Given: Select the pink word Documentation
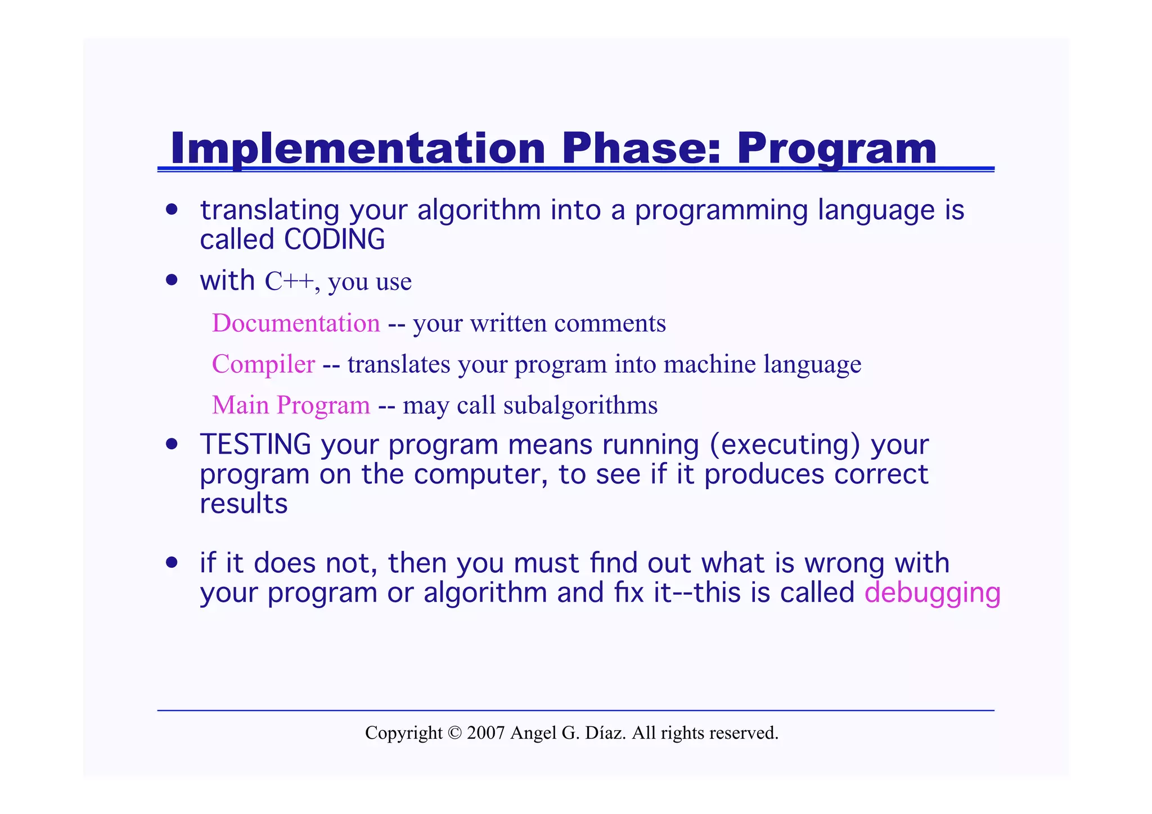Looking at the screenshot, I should click(x=296, y=323).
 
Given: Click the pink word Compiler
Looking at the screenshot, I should click(x=263, y=364).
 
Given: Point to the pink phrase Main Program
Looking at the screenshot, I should click(x=291, y=405).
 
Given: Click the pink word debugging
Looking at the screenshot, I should click(x=932, y=594).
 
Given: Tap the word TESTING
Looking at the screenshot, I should click(x=255, y=445).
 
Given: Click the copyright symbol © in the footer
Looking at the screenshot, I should click(x=454, y=733).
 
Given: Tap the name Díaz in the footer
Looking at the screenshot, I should click(x=605, y=733).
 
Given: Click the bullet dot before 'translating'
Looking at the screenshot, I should click(x=172, y=210).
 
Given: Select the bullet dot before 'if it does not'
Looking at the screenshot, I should click(x=172, y=563).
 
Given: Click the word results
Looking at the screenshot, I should click(x=244, y=504).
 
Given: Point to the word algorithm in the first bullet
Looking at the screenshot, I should click(x=479, y=210).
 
